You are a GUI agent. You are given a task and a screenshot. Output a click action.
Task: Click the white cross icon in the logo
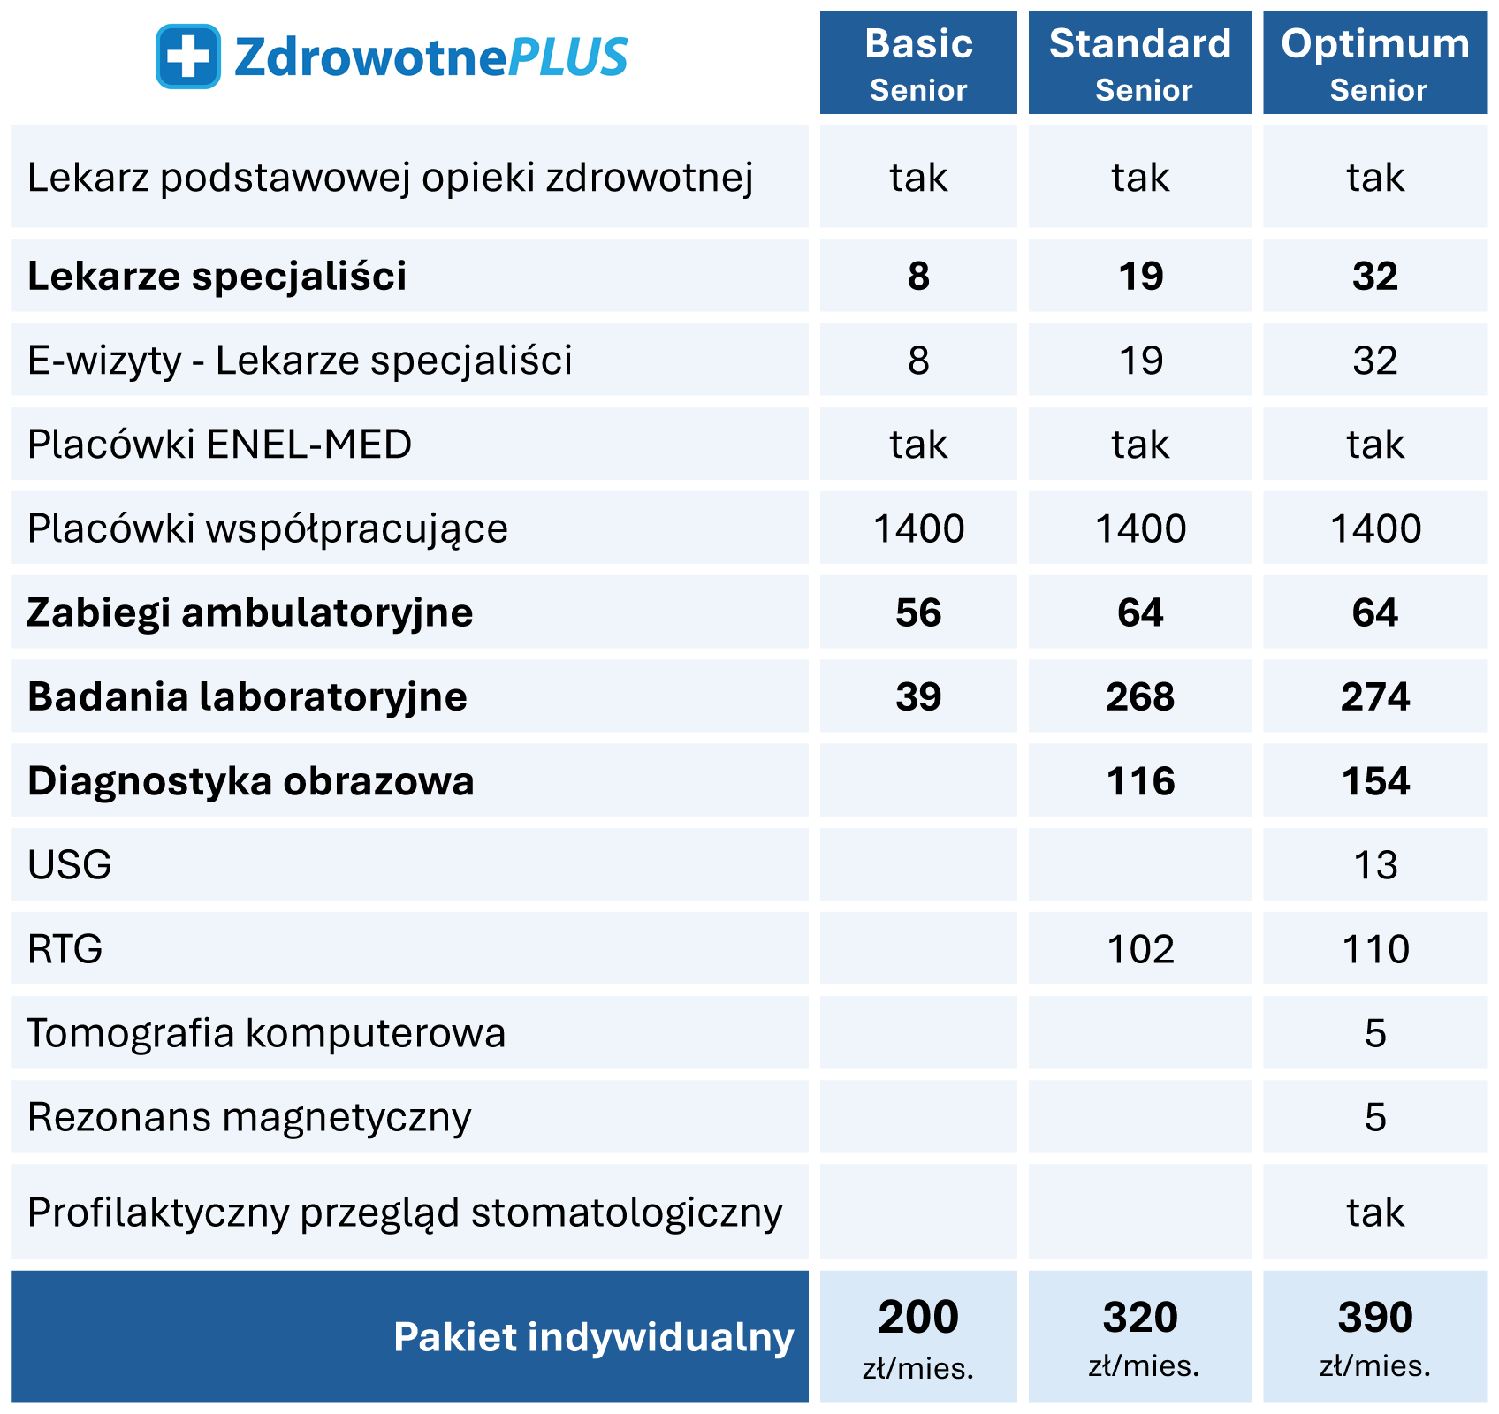pyautogui.click(x=187, y=57)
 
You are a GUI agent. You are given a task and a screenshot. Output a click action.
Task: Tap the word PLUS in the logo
pyautogui.click(x=568, y=57)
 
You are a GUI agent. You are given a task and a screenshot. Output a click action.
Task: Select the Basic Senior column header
pyautogui.click(x=918, y=64)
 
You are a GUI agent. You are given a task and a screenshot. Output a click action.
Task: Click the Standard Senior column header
pyautogui.click(x=1140, y=64)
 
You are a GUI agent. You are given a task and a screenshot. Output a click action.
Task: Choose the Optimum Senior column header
pyautogui.click(x=1374, y=64)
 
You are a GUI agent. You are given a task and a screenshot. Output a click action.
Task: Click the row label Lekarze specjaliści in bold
pyautogui.click(x=217, y=276)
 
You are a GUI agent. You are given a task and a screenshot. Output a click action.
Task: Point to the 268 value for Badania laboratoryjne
pyautogui.click(x=1140, y=696)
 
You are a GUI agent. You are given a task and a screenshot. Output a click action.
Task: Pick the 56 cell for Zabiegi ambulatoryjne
pyautogui.click(x=918, y=612)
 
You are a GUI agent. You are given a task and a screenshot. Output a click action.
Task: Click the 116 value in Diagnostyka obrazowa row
pyautogui.click(x=1140, y=781)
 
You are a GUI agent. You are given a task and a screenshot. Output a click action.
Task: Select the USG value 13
pyautogui.click(x=1375, y=865)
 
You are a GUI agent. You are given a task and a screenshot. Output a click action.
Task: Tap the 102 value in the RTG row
pyautogui.click(x=1140, y=949)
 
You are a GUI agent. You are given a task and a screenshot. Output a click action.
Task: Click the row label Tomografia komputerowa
pyautogui.click(x=266, y=1033)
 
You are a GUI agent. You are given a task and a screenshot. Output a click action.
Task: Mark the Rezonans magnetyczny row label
pyautogui.click(x=249, y=1117)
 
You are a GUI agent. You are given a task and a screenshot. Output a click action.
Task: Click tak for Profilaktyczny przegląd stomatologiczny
pyautogui.click(x=1375, y=1213)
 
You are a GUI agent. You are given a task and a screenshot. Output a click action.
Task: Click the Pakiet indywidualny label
pyautogui.click(x=593, y=1337)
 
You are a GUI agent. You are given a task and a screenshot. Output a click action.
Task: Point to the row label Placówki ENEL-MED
pyautogui.click(x=219, y=444)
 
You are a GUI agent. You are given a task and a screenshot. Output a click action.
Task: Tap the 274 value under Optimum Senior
pyautogui.click(x=1375, y=696)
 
